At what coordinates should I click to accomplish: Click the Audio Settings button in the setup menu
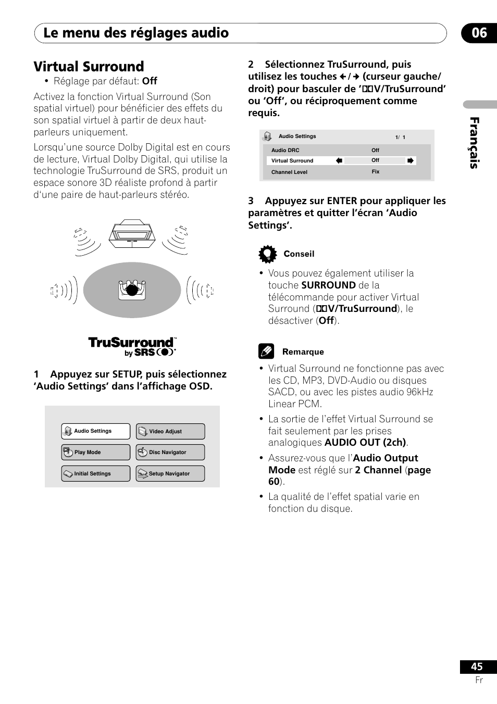95,431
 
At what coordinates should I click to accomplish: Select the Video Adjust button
170,431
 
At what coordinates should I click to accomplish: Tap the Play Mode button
95,452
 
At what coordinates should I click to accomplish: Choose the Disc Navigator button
170,452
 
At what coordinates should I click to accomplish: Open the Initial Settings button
95,473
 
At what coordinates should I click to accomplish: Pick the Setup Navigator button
170,473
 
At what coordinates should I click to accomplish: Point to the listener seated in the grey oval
132,290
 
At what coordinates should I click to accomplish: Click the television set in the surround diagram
132,234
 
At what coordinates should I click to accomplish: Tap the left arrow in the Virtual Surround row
339,160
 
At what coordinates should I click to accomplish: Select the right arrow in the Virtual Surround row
411,160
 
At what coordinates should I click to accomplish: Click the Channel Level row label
289,172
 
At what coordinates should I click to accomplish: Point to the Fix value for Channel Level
376,171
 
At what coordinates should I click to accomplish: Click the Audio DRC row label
285,150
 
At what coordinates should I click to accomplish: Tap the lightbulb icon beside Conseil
267,254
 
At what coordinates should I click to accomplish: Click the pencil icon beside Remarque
266,351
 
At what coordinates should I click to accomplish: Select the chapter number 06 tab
479,33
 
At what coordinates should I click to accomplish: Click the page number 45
477,667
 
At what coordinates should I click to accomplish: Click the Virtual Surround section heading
89,67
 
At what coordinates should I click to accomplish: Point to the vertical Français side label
474,143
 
